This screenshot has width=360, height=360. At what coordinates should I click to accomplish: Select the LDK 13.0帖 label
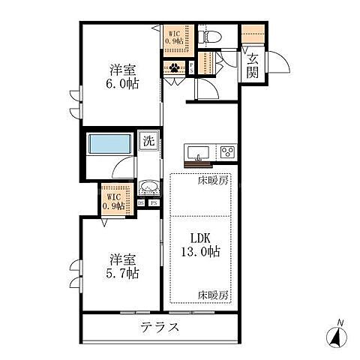(x=199, y=247)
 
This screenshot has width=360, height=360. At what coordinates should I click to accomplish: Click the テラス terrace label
(x=159, y=327)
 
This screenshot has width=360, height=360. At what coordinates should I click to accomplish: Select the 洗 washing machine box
(x=148, y=140)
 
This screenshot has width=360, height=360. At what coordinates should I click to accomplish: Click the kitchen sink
(x=198, y=153)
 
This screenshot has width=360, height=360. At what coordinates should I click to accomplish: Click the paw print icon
(x=175, y=67)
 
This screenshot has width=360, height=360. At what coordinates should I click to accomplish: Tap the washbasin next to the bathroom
(x=148, y=188)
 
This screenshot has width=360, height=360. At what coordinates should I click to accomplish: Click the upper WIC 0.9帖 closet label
(x=174, y=37)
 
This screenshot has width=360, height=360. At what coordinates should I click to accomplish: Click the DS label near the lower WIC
(x=141, y=202)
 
